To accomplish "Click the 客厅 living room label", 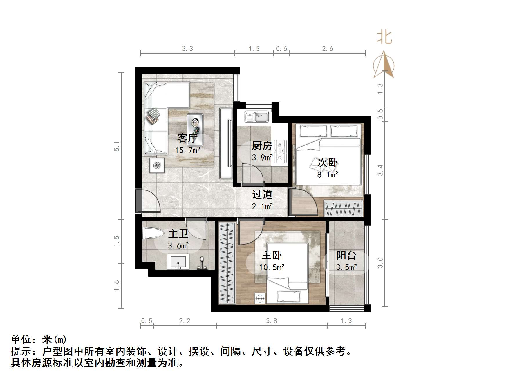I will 187,138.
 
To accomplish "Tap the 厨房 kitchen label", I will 262,145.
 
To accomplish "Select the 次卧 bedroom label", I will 328,163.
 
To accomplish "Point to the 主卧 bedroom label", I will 272,255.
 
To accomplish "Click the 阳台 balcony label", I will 346,255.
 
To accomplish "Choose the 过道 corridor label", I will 262,194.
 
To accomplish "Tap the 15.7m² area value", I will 187,150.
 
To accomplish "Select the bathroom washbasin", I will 178,262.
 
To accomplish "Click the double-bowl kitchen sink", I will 257,117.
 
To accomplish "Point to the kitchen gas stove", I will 280,151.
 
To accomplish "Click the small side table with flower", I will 157,165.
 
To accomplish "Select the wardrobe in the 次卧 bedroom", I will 344,208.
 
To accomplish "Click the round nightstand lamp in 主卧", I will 260,298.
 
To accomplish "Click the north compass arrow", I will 384,64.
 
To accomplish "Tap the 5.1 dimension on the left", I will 117,146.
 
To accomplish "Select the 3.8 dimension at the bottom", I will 272,321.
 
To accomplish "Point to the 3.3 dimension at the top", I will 187,49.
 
